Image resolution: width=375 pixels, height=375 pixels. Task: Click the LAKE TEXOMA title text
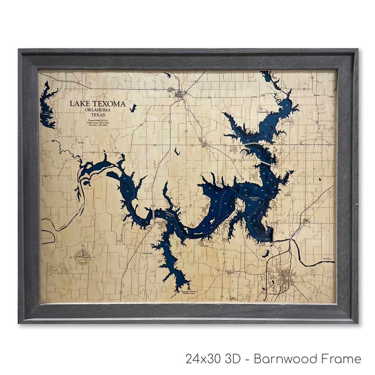(97, 103)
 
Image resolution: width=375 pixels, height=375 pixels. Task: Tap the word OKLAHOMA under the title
(98, 110)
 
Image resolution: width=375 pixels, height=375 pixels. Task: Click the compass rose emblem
(82, 257)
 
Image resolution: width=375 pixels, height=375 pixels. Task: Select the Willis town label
(153, 206)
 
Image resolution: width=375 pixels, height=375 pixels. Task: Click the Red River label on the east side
(327, 259)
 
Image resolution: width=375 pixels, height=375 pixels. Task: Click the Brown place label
(316, 95)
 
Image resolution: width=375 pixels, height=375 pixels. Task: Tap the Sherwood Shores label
(160, 223)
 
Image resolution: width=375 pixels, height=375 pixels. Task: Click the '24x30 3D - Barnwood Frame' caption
(273, 359)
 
